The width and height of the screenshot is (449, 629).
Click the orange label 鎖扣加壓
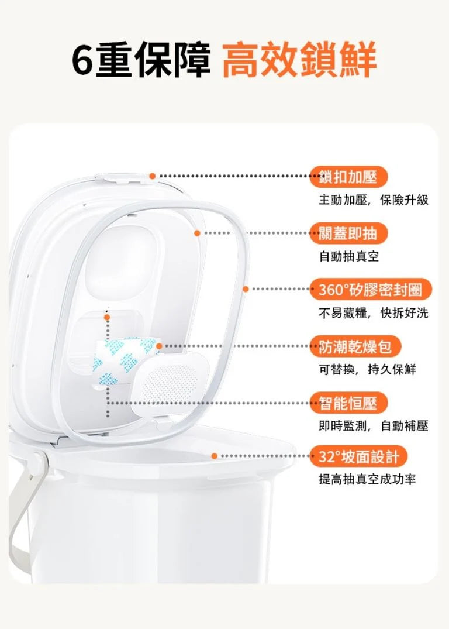348,176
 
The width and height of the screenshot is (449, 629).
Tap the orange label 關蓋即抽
348,233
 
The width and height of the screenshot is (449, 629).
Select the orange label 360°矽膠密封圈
371,289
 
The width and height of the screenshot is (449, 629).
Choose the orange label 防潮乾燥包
355,346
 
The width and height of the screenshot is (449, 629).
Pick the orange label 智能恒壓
348,403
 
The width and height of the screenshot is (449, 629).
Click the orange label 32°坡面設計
358,456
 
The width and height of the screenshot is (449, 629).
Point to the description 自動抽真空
349,256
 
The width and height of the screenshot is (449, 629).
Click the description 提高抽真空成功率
368,479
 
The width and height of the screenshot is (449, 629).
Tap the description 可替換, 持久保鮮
368,369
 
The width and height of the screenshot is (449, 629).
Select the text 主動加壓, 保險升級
374,200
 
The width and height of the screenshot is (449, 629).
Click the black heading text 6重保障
141,59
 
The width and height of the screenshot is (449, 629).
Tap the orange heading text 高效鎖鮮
299,59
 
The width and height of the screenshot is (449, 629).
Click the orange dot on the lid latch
153,176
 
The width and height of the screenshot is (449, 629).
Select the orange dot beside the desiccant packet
159,346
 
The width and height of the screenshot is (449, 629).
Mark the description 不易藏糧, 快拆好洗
374,312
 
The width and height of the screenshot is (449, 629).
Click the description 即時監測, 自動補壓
374,426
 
